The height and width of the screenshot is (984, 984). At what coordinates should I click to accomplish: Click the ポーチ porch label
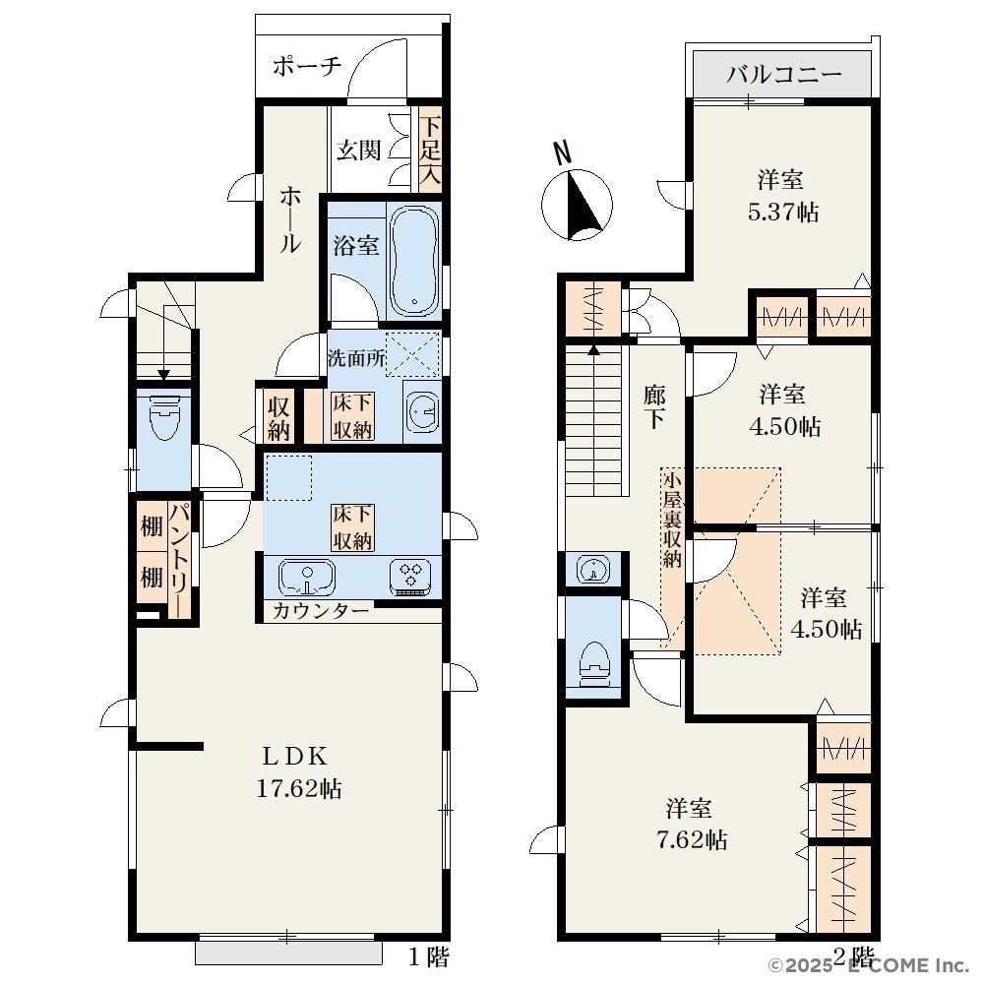[x=307, y=66]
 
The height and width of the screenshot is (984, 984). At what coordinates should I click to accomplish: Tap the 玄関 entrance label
[x=358, y=150]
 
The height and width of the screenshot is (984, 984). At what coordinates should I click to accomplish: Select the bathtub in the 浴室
[x=413, y=262]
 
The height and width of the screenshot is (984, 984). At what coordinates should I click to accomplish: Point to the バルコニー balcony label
[x=784, y=75]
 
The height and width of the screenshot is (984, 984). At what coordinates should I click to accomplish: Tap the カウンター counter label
[x=321, y=611]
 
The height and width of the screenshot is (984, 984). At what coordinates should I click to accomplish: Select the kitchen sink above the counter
[x=307, y=576]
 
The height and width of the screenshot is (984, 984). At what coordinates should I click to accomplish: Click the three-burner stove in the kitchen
[x=409, y=576]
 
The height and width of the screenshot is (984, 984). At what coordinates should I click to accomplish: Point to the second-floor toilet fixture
[x=594, y=667]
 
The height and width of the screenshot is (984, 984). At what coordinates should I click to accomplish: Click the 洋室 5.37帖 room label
[x=782, y=196]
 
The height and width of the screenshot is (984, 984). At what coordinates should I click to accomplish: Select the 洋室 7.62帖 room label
[x=691, y=824]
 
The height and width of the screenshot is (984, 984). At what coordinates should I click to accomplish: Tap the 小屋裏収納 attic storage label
[x=672, y=521]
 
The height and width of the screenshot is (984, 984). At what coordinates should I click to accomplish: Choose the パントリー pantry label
[x=179, y=559]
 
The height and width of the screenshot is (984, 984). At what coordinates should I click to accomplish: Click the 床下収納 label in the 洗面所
[x=352, y=416]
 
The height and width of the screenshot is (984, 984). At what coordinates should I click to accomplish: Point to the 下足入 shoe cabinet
[x=430, y=151]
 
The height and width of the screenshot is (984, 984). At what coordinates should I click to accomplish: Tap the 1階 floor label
[x=428, y=957]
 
